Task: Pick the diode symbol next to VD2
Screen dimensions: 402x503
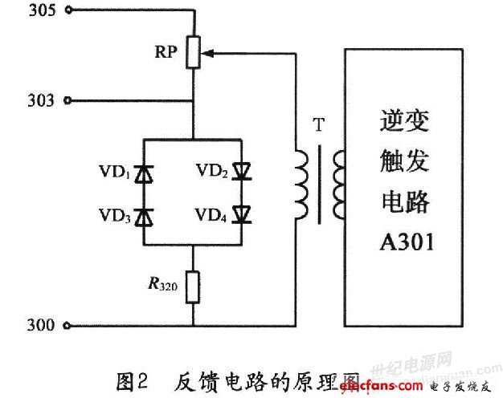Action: [x=241, y=172]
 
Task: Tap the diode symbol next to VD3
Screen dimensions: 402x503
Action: [x=144, y=216]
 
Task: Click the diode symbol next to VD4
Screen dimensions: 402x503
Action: [x=241, y=216]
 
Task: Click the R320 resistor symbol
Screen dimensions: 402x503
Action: [x=193, y=286]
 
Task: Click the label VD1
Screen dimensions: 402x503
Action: [x=115, y=172]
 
